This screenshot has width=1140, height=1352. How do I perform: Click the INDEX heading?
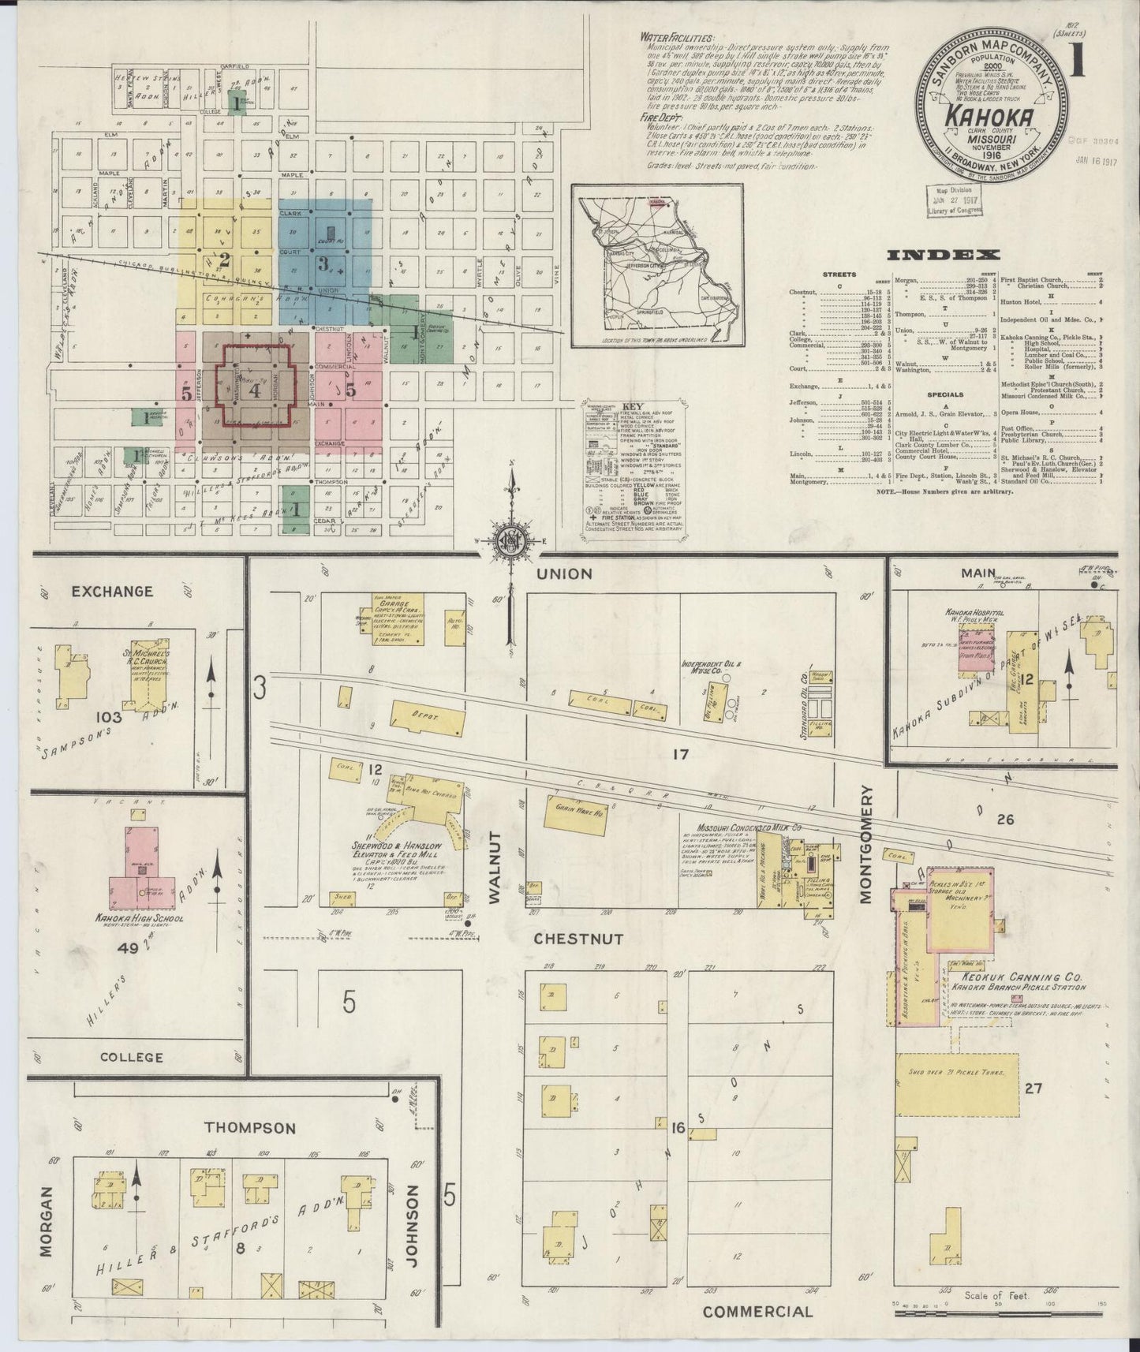(x=944, y=255)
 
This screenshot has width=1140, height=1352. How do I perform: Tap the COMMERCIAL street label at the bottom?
(x=757, y=1311)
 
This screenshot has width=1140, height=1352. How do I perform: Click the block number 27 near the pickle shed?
(x=1033, y=1089)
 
